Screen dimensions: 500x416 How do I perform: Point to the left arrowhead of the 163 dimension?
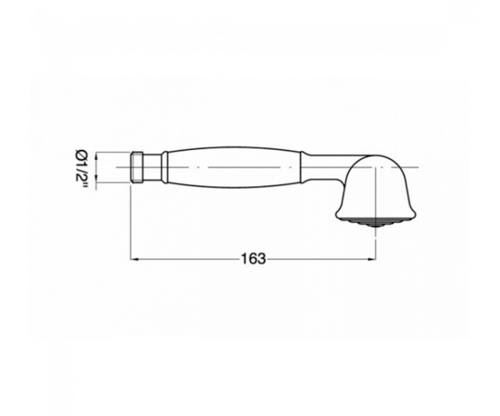135,259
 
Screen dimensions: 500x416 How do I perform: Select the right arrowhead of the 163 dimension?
372,259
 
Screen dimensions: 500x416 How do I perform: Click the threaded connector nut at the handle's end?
137,168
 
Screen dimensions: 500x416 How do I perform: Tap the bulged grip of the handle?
233,168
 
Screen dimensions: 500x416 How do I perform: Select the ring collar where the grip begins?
164,168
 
